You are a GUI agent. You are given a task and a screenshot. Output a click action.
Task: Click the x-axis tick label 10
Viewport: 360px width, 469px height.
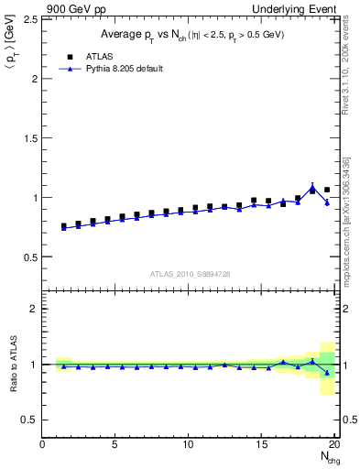tap(189, 444)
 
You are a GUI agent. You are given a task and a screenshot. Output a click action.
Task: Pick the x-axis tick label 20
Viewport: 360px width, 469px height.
tap(334, 444)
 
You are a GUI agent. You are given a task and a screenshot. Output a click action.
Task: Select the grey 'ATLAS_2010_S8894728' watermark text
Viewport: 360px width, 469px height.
tap(189, 273)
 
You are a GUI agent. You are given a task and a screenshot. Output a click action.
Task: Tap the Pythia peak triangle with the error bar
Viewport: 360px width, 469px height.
tap(312, 187)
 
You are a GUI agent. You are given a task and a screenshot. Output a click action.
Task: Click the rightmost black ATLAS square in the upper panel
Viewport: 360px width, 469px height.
tap(327, 190)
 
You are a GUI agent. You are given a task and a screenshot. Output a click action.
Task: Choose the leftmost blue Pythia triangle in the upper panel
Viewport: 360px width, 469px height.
tap(63, 228)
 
